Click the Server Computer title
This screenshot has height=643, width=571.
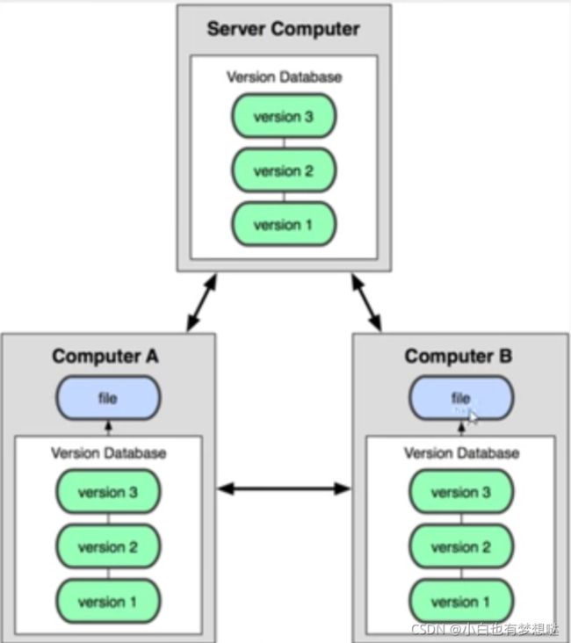[284, 29]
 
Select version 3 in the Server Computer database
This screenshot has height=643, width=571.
[284, 116]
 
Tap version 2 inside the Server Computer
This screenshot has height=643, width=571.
[284, 170]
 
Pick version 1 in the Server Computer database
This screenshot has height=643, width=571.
[284, 224]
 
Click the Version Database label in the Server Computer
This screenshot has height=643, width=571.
[285, 77]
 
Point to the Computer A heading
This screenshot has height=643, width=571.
[105, 356]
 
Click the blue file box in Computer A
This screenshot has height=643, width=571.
[108, 398]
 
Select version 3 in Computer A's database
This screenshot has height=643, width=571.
[108, 492]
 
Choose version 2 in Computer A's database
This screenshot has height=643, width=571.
[108, 546]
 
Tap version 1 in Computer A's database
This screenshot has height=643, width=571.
[108, 601]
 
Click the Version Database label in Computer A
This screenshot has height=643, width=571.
[109, 453]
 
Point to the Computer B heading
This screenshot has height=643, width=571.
[459, 356]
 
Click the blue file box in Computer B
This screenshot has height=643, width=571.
[461, 398]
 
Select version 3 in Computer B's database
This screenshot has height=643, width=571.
[461, 492]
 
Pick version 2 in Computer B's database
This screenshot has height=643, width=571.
[461, 546]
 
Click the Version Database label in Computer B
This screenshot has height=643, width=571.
[462, 453]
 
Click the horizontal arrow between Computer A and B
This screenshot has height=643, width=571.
[284, 488]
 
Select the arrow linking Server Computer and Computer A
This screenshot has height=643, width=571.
[201, 303]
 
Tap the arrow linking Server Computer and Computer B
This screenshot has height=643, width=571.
[366, 303]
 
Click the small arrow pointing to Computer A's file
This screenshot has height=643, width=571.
[108, 428]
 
